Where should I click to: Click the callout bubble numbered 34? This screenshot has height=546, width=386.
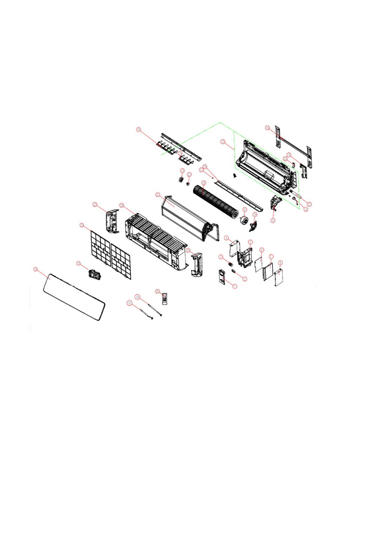tap(35, 269)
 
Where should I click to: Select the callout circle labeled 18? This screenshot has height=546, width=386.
tap(138, 130)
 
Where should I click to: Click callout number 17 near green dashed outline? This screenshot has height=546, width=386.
tap(222, 142)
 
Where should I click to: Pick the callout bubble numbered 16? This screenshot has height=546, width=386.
tap(267, 128)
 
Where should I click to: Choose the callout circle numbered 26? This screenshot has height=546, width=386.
tap(122, 205)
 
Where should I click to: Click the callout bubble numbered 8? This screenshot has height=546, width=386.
tap(280, 263)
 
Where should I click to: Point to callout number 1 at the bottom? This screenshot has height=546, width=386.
tap(235, 286)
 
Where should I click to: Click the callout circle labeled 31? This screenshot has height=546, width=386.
tap(130, 303)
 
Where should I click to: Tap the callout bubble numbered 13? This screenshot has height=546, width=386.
tap(309, 204)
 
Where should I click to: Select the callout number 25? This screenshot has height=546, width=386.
tap(158, 195)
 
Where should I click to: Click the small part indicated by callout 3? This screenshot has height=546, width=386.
tap(231, 264)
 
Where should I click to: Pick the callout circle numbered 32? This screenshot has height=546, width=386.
tap(82, 225)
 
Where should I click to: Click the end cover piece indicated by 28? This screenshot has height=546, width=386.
tap(195, 263)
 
